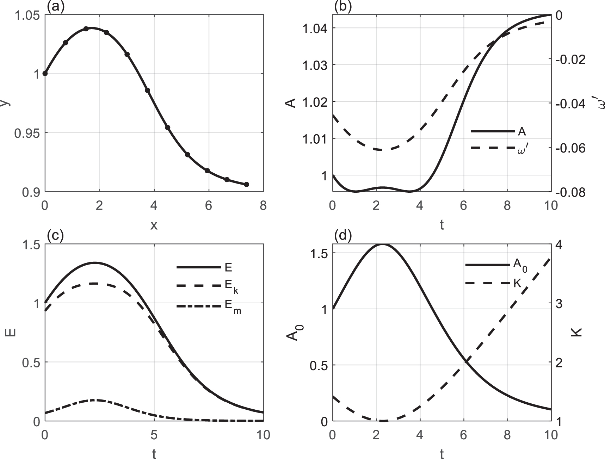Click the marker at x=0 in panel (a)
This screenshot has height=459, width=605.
coord(45,73)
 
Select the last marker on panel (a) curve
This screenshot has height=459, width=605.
coord(247,185)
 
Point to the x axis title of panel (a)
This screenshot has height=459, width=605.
coord(154,225)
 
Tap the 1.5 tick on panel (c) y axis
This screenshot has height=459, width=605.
coord(31,244)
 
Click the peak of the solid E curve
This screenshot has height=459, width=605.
coord(94,263)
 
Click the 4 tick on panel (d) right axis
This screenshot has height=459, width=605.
coord(559,244)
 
